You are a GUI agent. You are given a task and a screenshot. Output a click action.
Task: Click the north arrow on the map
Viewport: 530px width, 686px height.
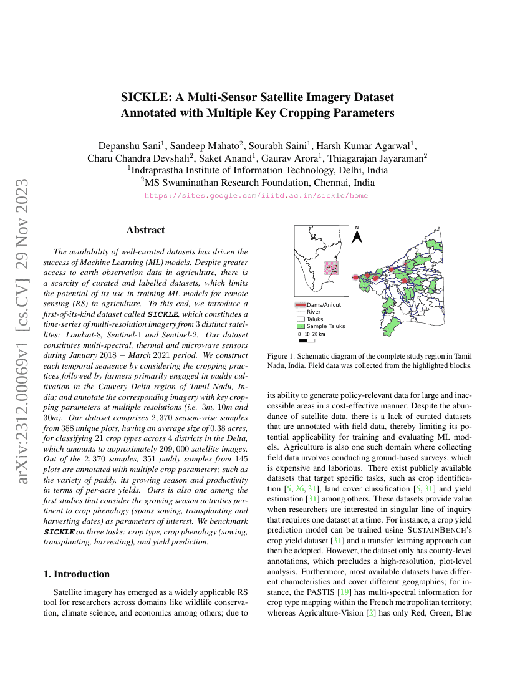pyautogui.click(x=357, y=235)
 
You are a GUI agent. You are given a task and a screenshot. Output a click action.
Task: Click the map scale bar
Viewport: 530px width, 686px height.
pyautogui.click(x=307, y=341)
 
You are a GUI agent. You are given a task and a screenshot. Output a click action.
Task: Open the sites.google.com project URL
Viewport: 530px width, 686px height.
pyautogui.click(x=256, y=195)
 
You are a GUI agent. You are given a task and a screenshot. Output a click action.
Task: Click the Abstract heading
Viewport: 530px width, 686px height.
pyautogui.click(x=146, y=230)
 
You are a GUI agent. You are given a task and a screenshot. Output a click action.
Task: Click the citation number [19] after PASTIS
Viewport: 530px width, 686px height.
pyautogui.click(x=342, y=591)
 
